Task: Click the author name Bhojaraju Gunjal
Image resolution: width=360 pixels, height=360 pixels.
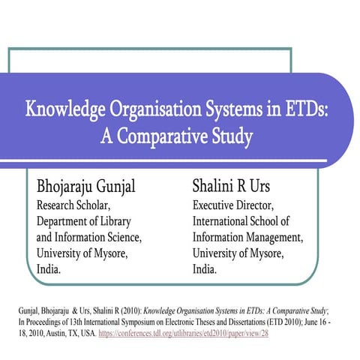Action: pos(90,185)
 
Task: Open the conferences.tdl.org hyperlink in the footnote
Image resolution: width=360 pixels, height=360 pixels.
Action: pos(184,332)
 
